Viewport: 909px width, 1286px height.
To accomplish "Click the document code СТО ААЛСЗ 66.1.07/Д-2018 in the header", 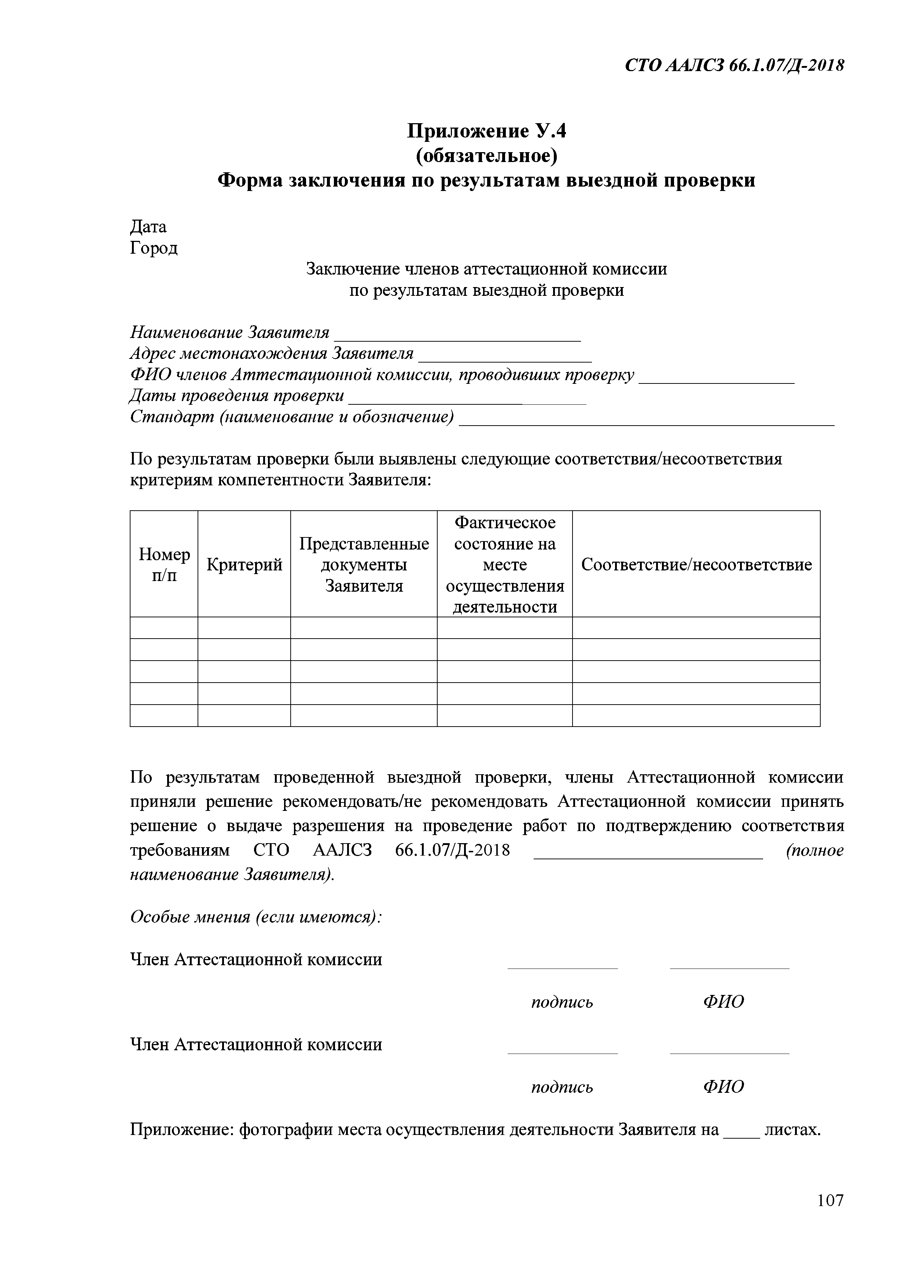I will [734, 66].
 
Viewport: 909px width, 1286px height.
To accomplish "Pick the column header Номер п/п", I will [164, 565].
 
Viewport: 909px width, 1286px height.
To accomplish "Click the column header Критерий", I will [244, 565].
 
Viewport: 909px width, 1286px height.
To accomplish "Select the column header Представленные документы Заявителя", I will [364, 565].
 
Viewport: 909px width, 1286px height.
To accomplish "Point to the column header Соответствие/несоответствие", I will [696, 565].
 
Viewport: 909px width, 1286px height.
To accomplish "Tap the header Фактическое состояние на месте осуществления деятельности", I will [505, 565].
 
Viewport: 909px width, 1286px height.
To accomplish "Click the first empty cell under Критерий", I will [244, 628].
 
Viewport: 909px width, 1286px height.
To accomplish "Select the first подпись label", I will [562, 1002].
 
